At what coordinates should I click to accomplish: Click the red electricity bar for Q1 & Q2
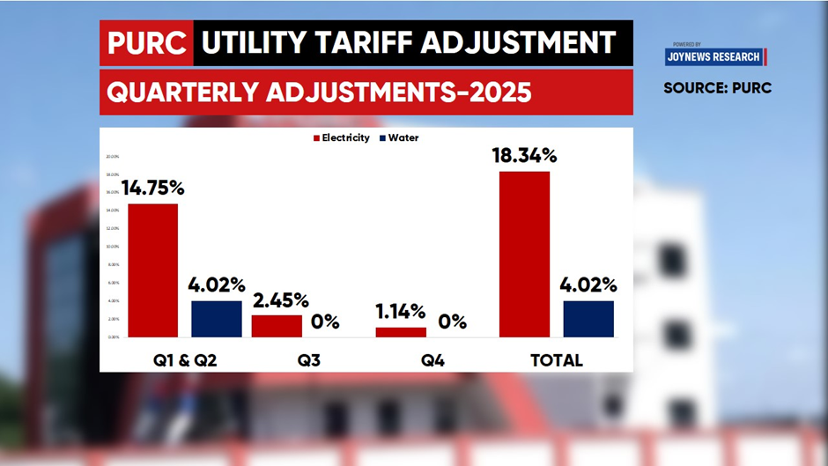pos(152,270)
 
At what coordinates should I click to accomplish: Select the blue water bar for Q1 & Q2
pos(216,319)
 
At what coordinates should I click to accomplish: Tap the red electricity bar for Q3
pos(277,326)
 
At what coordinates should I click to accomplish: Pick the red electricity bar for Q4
pos(401,332)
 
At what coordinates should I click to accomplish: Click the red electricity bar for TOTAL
pos(524,254)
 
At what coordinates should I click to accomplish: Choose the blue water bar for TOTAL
pos(588,319)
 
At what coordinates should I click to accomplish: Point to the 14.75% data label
pos(152,188)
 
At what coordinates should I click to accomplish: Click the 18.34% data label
pos(525,156)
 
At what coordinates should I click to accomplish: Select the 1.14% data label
pos(400,312)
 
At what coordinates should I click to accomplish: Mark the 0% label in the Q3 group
pos(325,322)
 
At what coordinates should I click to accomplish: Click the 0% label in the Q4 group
pos(452,322)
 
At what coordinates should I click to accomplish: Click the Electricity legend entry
pos(341,138)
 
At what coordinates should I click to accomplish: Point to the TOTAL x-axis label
pos(556,360)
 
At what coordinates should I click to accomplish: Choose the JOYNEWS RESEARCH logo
pos(715,56)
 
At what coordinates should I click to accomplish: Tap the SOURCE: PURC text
pos(717,88)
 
